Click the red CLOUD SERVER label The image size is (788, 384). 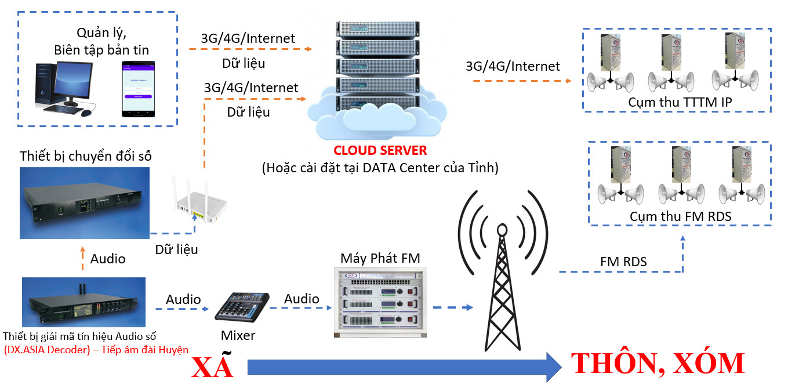[380, 151]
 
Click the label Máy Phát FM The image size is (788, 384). [380, 258]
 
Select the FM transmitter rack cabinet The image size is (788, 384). [380, 303]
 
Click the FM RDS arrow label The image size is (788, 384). [623, 262]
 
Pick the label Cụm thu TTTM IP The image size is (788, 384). [680, 102]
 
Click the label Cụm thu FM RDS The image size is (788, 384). [680, 216]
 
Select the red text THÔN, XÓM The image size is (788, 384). [658, 363]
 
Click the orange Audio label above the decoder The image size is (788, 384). [107, 259]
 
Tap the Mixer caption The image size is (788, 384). [238, 335]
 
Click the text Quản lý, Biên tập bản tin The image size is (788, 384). [101, 41]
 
